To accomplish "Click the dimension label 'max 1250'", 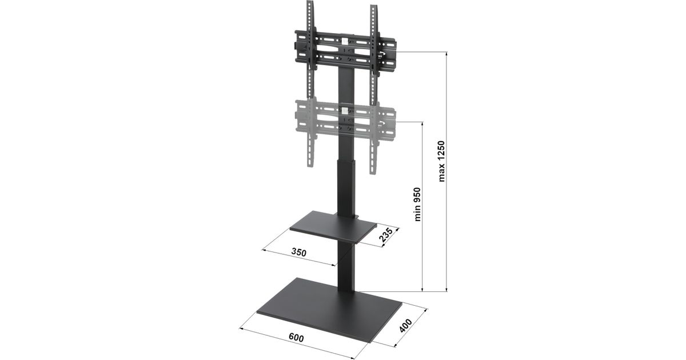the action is pos(441,161).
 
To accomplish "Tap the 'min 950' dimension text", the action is pos(417,204).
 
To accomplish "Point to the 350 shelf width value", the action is pos(298,252).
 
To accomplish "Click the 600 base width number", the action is pos(297,338).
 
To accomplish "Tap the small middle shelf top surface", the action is pos(333,226).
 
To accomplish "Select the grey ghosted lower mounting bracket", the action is pos(345,122).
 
